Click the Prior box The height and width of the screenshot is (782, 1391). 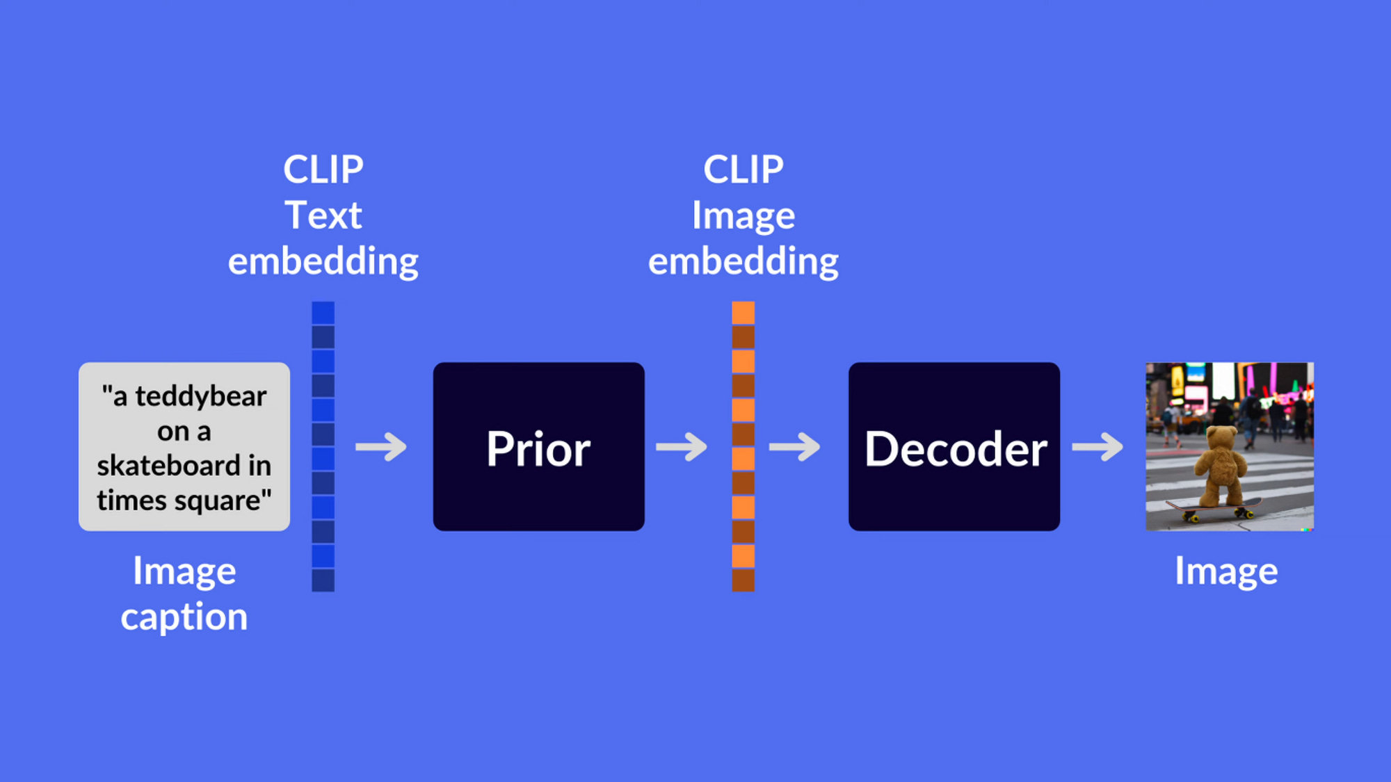(x=538, y=446)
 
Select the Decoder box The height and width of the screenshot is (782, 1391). (x=954, y=446)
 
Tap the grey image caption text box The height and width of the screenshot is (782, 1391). (x=184, y=446)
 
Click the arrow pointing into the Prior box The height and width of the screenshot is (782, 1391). (x=381, y=447)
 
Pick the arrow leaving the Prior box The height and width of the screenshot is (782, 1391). (x=682, y=447)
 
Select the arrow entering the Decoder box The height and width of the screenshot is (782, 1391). (x=794, y=447)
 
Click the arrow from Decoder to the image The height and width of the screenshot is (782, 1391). (x=1097, y=447)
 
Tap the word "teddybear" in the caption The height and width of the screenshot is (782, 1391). (x=200, y=396)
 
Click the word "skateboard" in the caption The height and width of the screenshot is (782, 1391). (x=168, y=466)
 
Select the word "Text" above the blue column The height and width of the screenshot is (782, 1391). (x=323, y=215)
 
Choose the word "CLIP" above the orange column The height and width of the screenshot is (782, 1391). (x=743, y=170)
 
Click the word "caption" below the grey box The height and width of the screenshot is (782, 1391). (x=184, y=617)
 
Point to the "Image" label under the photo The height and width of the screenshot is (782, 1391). (x=1226, y=571)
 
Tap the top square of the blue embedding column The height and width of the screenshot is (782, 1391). (x=323, y=313)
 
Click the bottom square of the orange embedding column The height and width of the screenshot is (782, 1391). (x=743, y=580)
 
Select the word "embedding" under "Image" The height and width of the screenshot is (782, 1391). (x=743, y=261)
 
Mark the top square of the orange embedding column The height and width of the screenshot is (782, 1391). (x=743, y=313)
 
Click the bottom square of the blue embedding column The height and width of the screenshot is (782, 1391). (x=323, y=580)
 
